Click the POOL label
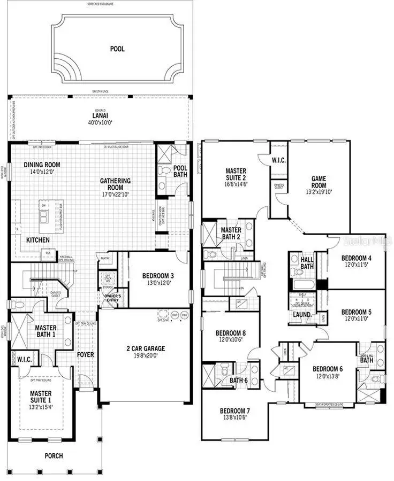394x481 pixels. pyautogui.click(x=117, y=49)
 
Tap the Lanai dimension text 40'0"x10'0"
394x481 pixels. pyautogui.click(x=100, y=122)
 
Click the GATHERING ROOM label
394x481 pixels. pyautogui.click(x=115, y=184)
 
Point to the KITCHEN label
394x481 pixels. pyautogui.click(x=38, y=240)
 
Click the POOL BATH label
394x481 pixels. pyautogui.click(x=180, y=171)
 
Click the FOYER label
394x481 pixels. pyautogui.click(x=85, y=354)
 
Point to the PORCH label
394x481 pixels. pyautogui.click(x=54, y=456)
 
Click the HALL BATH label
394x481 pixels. pyautogui.click(x=307, y=262)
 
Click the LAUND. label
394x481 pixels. pyautogui.click(x=302, y=315)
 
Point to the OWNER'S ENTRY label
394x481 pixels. pyautogui.click(x=112, y=298)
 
